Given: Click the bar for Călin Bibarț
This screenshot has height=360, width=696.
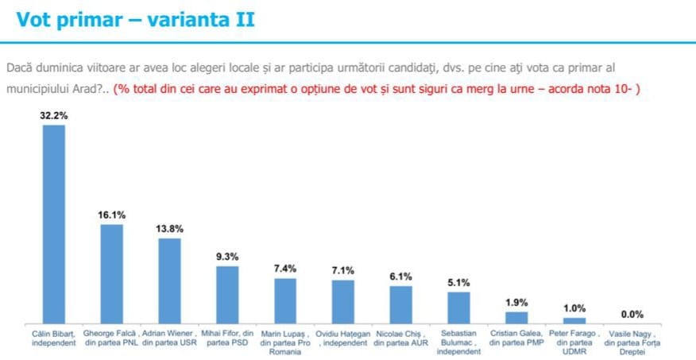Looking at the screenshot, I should coord(54,223).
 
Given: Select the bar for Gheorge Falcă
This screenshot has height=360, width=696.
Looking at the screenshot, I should coord(112,273).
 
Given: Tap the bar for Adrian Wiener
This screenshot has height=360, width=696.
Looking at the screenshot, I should coord(170,280).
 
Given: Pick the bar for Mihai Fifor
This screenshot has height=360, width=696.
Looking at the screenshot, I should coord(227,294).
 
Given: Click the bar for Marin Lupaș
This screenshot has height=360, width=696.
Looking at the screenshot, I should coord(285,300).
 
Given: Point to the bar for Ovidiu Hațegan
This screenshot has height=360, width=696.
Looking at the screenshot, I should coord(343,301).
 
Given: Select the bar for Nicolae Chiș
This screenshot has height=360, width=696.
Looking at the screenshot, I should coord(401,304).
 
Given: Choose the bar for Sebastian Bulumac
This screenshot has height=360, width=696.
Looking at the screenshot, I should coord(459,307).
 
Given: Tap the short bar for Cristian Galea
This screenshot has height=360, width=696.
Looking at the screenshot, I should coord(516,317).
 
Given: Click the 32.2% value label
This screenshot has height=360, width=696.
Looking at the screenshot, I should coord(54,115).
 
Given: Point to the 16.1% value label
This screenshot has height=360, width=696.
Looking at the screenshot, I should coord(112,215).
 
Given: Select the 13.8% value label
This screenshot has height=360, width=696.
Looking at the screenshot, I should coord(170,228).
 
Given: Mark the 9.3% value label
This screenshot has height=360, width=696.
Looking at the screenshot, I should coord(227,256).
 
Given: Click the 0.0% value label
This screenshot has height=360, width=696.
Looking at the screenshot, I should coord(632,314).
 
